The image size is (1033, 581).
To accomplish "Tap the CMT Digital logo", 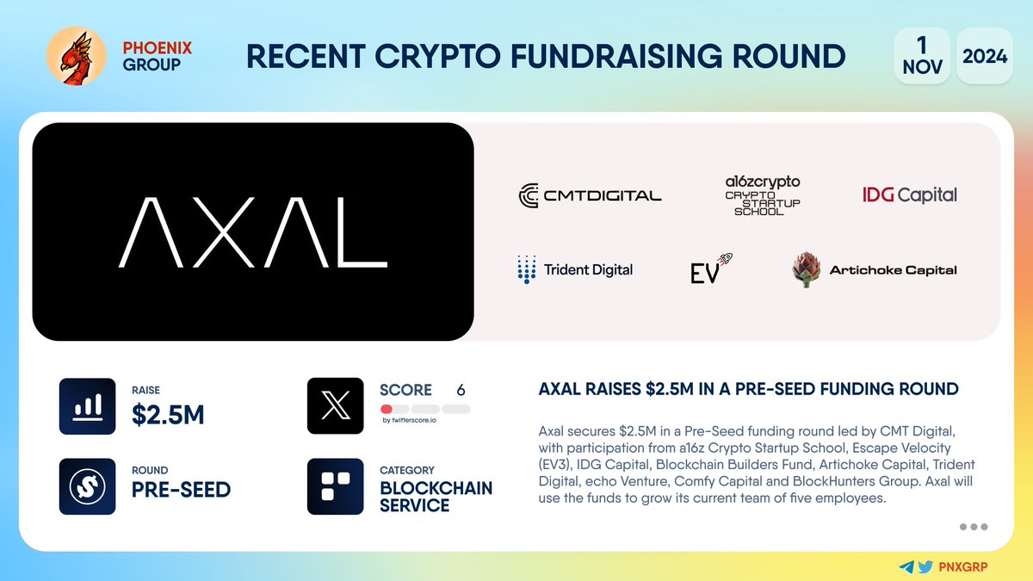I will pyautogui.click(x=590, y=195).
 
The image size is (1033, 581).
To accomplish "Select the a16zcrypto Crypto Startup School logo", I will pyautogui.click(x=762, y=195).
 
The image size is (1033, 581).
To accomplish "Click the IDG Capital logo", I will pyautogui.click(x=909, y=195).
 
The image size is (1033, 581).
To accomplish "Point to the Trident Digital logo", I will pyautogui.click(x=574, y=269).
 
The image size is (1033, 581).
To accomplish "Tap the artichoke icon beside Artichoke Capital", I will pyautogui.click(x=807, y=269).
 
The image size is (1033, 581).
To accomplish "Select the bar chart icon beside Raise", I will pyautogui.click(x=87, y=405).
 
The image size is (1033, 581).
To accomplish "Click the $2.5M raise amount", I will pyautogui.click(x=168, y=415).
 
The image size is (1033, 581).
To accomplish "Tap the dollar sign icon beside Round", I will pyautogui.click(x=87, y=486).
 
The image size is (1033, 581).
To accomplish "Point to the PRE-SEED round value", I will pyautogui.click(x=181, y=490).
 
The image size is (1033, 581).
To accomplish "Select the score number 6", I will pyautogui.click(x=461, y=390).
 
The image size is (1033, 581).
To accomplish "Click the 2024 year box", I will pyautogui.click(x=985, y=56).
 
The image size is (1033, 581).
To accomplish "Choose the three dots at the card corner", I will pyautogui.click(x=973, y=527).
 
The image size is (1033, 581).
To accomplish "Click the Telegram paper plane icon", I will pyautogui.click(x=906, y=567).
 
